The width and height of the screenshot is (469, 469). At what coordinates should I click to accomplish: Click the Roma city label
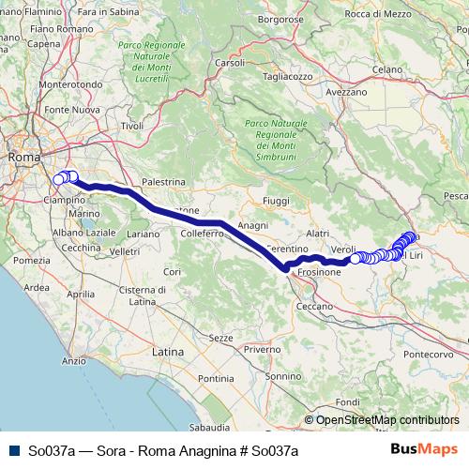tap(23, 158)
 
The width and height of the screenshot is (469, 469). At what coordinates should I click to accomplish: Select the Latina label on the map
tap(168, 351)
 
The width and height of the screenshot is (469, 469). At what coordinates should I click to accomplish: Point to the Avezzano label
tap(346, 92)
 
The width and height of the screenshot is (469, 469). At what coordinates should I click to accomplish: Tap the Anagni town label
tap(254, 226)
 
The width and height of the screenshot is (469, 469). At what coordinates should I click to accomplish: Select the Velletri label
tap(125, 251)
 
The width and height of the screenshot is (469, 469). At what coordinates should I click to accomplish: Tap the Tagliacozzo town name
tap(287, 77)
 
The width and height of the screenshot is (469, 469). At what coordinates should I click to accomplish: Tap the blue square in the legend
tap(12, 450)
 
